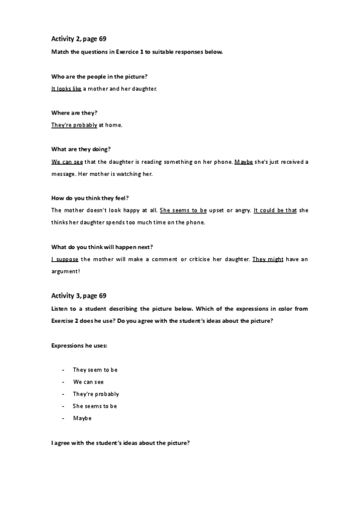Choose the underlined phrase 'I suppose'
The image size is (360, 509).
(x=65, y=259)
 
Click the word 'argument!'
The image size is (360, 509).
(x=66, y=271)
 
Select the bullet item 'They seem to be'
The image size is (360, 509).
(x=95, y=370)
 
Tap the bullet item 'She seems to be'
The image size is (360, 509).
(x=95, y=406)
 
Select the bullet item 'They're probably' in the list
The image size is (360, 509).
(x=96, y=394)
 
